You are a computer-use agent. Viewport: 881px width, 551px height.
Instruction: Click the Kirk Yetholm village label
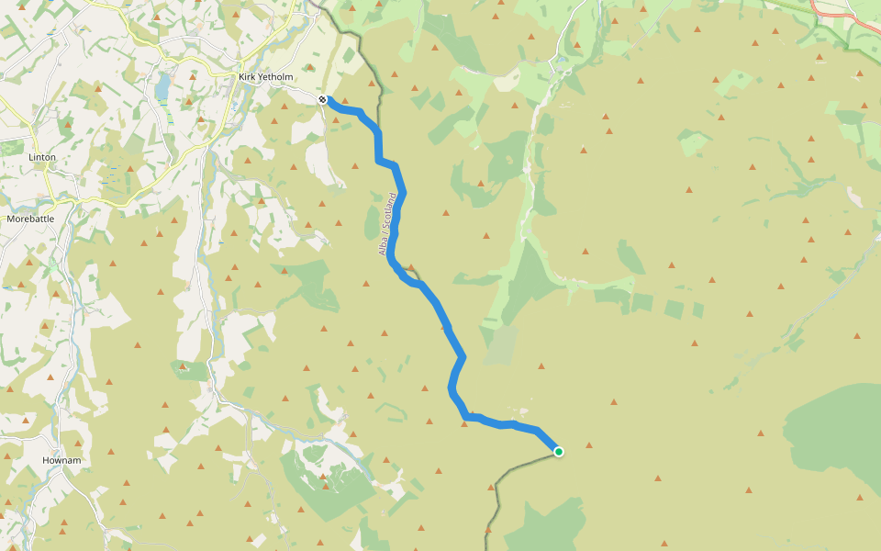[x=265, y=77]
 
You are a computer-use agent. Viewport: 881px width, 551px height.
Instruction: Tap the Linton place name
[x=42, y=157]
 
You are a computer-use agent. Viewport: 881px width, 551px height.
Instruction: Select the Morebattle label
[x=30, y=219]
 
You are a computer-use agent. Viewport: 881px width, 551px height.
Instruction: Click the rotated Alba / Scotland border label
[x=388, y=223]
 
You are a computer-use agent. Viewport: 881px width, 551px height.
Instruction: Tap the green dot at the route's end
[x=558, y=451]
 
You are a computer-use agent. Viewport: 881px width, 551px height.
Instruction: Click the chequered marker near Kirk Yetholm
[x=323, y=99]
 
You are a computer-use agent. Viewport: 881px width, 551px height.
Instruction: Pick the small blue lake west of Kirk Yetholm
[x=162, y=86]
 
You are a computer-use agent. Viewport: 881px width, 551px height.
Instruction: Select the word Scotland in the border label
[x=391, y=210]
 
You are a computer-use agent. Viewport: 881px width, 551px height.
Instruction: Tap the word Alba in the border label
[x=385, y=245]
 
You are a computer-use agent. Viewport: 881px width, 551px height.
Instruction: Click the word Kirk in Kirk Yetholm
[x=247, y=77]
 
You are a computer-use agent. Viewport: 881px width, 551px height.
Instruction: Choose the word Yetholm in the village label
[x=274, y=77]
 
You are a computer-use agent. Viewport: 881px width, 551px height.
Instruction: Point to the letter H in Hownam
[x=45, y=459]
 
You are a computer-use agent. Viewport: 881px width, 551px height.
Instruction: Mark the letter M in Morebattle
[x=10, y=219]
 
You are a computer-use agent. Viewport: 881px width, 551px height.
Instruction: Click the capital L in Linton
[x=31, y=157]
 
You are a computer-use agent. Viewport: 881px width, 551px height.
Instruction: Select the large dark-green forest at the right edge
[x=835, y=432]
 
